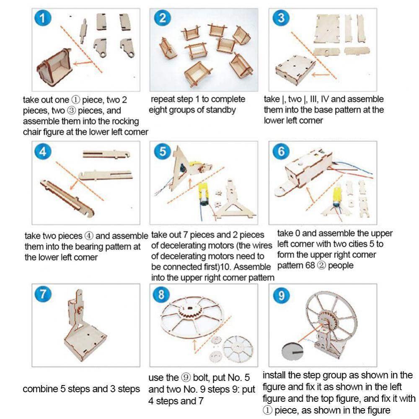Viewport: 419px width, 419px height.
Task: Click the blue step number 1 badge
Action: pos(43,18)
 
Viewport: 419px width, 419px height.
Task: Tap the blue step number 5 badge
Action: pos(163,151)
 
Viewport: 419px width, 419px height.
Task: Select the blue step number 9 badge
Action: pos(281,295)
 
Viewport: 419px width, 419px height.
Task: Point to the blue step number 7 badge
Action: pos(43,294)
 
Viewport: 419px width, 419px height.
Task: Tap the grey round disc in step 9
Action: pos(292,351)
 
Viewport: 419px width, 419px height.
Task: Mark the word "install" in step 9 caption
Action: pos(275,375)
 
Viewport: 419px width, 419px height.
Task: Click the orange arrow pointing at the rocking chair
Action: pos(83,63)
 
